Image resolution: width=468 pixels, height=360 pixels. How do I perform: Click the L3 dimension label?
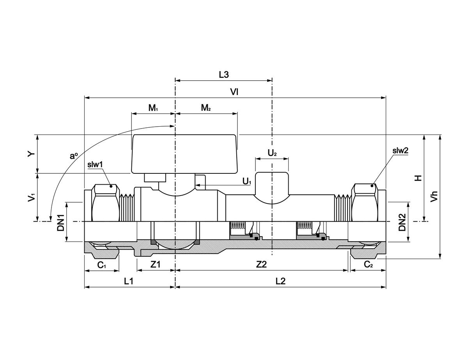coord(223,75)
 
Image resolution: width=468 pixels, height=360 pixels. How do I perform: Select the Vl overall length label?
coord(234,92)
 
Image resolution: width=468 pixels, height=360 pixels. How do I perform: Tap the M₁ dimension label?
coord(153,108)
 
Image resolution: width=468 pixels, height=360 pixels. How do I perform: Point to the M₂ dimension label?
coord(206,108)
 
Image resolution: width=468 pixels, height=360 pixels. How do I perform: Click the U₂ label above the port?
coord(272,153)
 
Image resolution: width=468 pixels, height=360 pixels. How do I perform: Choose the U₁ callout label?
coord(247,181)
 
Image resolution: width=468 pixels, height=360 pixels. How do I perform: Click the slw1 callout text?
coord(95,164)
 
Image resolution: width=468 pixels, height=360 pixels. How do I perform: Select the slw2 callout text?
coord(400,150)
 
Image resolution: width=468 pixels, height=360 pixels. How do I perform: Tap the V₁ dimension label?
coord(32,198)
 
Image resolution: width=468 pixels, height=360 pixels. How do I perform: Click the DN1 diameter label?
coord(61,222)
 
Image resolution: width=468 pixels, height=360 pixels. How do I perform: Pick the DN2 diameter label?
coord(402,222)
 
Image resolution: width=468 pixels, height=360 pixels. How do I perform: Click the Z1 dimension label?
coord(156,265)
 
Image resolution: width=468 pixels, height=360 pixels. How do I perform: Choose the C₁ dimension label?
coord(101,265)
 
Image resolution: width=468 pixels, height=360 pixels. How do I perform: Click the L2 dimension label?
coord(280,281)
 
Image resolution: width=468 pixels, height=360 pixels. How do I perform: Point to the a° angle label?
coord(73,156)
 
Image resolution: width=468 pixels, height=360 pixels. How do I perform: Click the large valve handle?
coord(184,154)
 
